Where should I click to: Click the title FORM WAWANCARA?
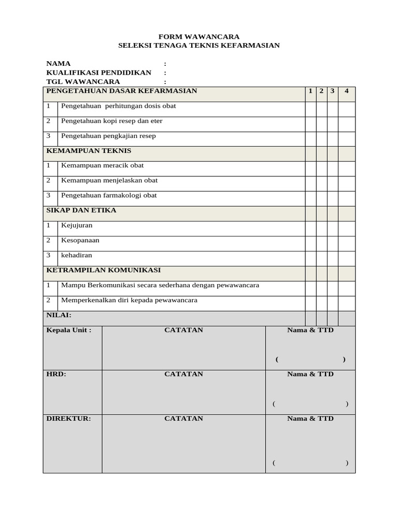(198, 37)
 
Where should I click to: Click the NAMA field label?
(58, 64)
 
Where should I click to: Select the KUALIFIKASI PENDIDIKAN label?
(98, 73)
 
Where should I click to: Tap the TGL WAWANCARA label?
(83, 81)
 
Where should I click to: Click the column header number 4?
(346, 91)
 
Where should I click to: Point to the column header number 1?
(310, 91)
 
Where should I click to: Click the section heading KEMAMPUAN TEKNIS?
(89, 151)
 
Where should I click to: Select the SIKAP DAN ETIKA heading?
(81, 211)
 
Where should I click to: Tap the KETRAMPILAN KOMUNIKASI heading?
(103, 270)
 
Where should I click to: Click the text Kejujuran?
(77, 226)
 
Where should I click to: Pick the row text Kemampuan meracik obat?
(102, 165)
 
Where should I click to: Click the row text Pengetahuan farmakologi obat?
(109, 195)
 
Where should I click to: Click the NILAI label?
(59, 315)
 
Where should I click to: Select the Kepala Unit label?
(68, 330)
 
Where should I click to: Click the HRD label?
(56, 374)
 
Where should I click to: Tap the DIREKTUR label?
(68, 419)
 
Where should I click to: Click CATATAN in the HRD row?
(183, 374)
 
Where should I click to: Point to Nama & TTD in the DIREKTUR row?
(310, 419)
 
